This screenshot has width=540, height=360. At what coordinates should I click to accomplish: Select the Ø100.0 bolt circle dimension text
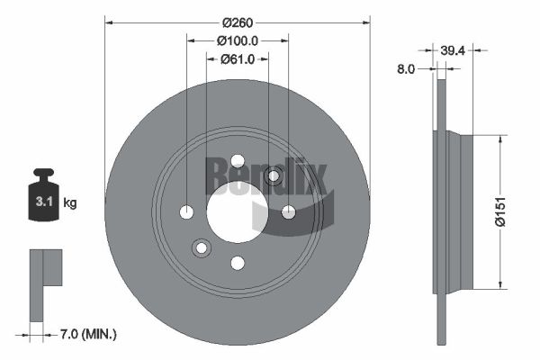tap(238, 40)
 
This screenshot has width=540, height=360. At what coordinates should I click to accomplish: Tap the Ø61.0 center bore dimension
tap(238, 59)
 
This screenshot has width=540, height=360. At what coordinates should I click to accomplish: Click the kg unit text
tap(70, 203)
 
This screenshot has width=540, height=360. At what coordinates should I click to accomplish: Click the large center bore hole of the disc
tap(238, 211)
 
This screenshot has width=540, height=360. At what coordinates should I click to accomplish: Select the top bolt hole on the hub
tap(238, 161)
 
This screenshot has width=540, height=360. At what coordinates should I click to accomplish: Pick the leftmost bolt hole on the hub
tap(187, 212)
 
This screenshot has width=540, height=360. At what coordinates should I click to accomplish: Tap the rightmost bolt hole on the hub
tap(289, 212)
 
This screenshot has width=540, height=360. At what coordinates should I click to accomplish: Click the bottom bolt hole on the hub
tap(238, 263)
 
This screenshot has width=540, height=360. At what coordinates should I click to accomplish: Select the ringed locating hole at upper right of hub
tap(274, 175)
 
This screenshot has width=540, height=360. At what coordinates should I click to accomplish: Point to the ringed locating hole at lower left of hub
tap(202, 247)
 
